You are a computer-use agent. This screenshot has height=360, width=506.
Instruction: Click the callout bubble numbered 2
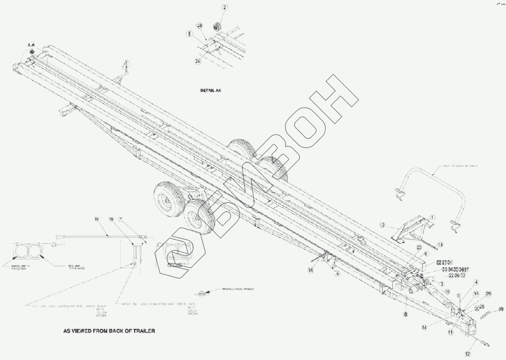click(224, 7)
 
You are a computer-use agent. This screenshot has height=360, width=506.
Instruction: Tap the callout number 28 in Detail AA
click(199, 26)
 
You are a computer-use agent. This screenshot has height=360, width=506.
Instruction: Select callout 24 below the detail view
click(198, 61)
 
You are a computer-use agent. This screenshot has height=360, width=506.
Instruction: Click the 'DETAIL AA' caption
click(211, 90)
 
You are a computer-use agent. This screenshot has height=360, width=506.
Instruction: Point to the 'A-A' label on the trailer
click(32, 44)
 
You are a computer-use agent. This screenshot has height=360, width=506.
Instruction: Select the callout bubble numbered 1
click(432, 217)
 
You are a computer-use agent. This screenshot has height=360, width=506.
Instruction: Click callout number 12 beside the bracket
click(383, 225)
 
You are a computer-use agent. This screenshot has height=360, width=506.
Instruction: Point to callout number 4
click(476, 282)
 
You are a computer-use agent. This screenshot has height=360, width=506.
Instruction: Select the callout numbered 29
click(488, 293)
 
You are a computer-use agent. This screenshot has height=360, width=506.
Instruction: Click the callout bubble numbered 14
click(424, 328)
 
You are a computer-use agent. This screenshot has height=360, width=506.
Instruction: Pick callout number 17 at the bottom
click(468, 354)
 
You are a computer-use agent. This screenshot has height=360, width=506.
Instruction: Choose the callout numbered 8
click(405, 314)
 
